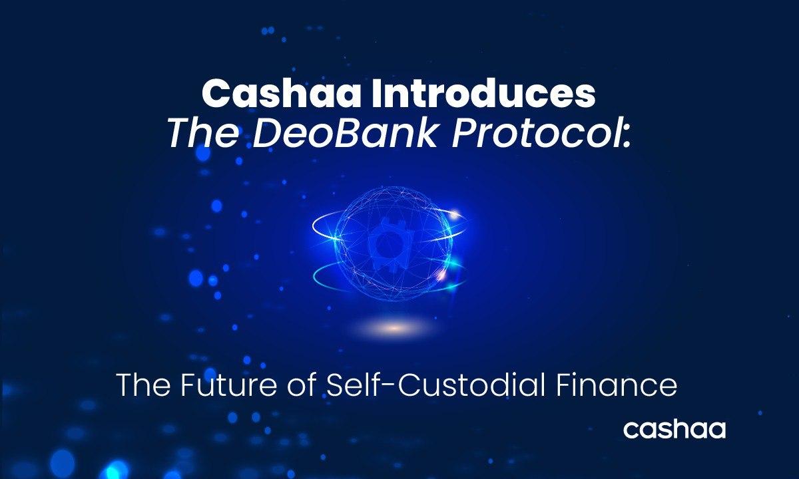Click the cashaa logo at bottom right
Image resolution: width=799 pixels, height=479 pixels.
(674, 429)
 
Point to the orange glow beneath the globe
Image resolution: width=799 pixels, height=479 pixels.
(394, 327)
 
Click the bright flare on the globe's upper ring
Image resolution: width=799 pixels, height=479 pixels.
(454, 214)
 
